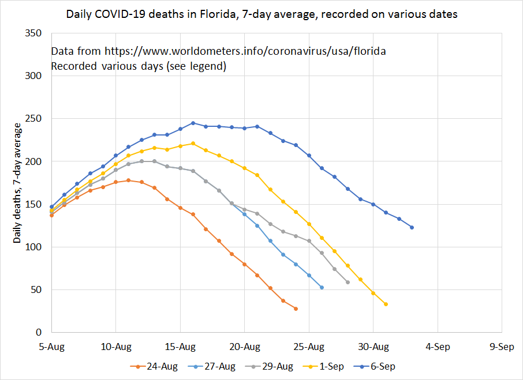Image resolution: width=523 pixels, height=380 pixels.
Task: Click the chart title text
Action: point(261,14)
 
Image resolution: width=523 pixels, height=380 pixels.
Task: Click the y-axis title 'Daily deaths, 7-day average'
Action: point(17,183)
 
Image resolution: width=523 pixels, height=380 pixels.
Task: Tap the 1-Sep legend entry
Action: point(328,366)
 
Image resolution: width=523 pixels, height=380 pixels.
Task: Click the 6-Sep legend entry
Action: point(380,366)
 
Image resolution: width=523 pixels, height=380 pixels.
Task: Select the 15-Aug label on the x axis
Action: point(180,347)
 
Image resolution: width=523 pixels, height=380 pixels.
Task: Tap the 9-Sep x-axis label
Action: point(502,347)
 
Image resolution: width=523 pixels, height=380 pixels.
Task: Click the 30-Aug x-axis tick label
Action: point(373,347)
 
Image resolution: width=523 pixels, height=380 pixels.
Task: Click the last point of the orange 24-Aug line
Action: point(296,308)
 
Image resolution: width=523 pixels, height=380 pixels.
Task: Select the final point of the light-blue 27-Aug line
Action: point(322,287)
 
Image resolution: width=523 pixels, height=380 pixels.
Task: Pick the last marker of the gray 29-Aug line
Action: point(348,282)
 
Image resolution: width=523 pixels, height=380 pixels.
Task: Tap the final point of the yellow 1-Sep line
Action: point(386,304)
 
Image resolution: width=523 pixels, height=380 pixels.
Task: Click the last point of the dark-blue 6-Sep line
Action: point(412,227)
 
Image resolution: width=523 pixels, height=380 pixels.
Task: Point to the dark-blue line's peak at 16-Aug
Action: point(193,123)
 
